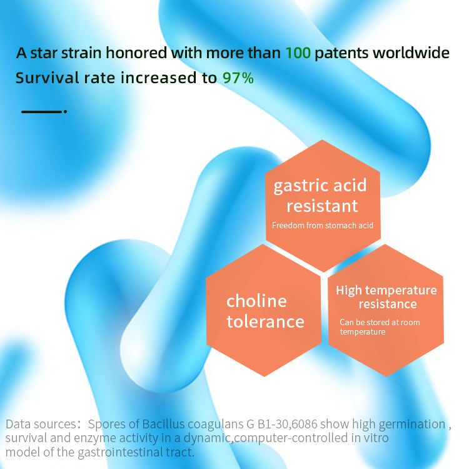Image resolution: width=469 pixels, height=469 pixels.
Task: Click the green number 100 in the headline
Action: [298, 53]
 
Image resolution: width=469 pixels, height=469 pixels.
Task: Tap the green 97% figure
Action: [238, 78]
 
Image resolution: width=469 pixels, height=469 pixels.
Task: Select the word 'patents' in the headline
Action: [341, 54]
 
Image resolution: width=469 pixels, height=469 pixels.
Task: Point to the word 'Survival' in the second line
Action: [48, 78]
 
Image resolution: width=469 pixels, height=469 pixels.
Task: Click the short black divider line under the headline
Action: [41, 111]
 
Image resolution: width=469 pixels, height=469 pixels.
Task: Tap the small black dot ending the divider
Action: [65, 111]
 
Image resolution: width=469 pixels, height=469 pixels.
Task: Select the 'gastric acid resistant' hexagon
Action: [323, 206]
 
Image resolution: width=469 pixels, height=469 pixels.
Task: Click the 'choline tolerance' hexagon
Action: [263, 310]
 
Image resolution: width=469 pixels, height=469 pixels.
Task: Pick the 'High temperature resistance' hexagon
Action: [386, 310]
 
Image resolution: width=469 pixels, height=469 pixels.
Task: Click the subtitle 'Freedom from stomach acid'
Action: [323, 225]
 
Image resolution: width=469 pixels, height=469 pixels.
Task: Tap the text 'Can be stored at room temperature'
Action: [380, 327]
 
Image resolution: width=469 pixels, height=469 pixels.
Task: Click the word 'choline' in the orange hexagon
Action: [256, 301]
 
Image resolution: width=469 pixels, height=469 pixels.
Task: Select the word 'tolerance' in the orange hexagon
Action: [265, 321]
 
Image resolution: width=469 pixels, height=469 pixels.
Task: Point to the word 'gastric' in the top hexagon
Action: [301, 186]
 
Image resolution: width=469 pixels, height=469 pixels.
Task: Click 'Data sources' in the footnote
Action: [41, 424]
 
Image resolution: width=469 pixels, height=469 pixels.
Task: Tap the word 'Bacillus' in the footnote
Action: [163, 424]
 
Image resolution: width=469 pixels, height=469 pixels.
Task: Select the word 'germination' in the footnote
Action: [411, 425]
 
